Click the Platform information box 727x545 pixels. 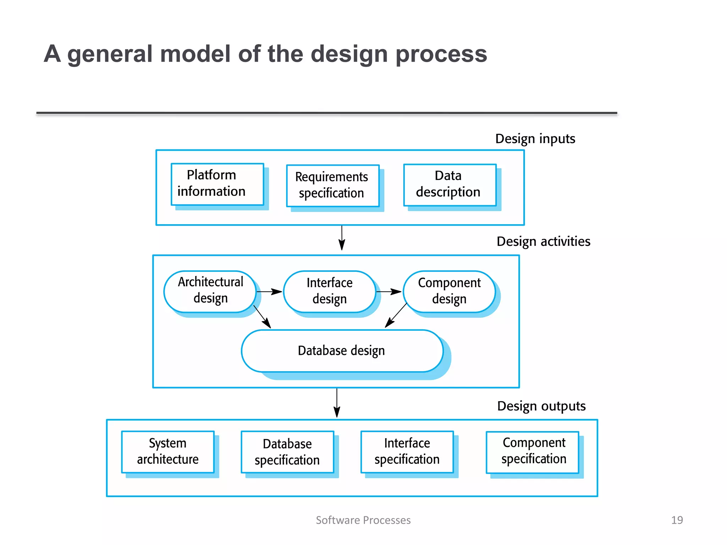pyautogui.click(x=217, y=184)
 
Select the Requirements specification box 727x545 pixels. pyautogui.click(x=333, y=186)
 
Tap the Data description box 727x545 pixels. pyautogui.click(x=450, y=185)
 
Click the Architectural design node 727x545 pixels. pyautogui.click(x=210, y=291)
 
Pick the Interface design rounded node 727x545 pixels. pyautogui.click(x=329, y=291)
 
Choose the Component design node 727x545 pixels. pyautogui.click(x=449, y=291)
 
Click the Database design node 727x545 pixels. pyautogui.click(x=342, y=351)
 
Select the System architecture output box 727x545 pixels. pyautogui.click(x=168, y=452)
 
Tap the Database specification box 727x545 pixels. pyautogui.click(x=287, y=452)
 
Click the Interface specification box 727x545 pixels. pyautogui.click(x=407, y=452)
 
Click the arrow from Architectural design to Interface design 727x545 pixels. pyautogui.click(x=269, y=292)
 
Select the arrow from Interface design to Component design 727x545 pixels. pyautogui.click(x=389, y=292)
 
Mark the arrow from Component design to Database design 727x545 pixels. pyautogui.click(x=396, y=315)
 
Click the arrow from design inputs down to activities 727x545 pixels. pyautogui.click(x=341, y=238)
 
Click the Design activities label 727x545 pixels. pyautogui.click(x=543, y=242)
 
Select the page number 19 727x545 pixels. pyautogui.click(x=677, y=520)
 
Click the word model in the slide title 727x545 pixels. pyautogui.click(x=196, y=54)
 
